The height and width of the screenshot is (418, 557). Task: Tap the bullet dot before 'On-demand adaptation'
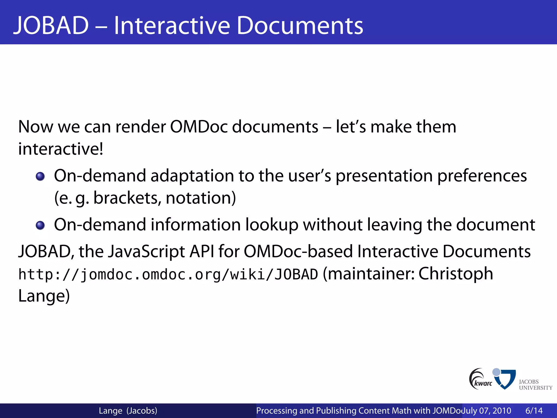pyautogui.click(x=40, y=177)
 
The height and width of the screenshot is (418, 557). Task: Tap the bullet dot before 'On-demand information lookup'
pyautogui.click(x=40, y=225)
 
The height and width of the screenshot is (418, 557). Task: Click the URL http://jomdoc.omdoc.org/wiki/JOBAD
pyautogui.click(x=168, y=274)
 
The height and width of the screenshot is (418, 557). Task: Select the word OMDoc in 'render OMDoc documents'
pyautogui.click(x=199, y=127)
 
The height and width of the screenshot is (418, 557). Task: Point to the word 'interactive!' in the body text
pyautogui.click(x=61, y=149)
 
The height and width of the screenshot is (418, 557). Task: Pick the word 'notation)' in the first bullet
pyautogui.click(x=201, y=198)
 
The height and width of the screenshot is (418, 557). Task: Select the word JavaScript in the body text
pyautogui.click(x=147, y=251)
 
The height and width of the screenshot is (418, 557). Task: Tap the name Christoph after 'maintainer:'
pyautogui.click(x=456, y=274)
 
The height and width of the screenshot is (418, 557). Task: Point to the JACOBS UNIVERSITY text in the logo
pyautogui.click(x=535, y=385)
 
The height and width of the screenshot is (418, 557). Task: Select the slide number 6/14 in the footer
pyautogui.click(x=534, y=410)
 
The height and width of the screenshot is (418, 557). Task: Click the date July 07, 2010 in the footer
pyautogui.click(x=487, y=410)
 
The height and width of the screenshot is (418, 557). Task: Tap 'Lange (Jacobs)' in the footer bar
pyautogui.click(x=128, y=410)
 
